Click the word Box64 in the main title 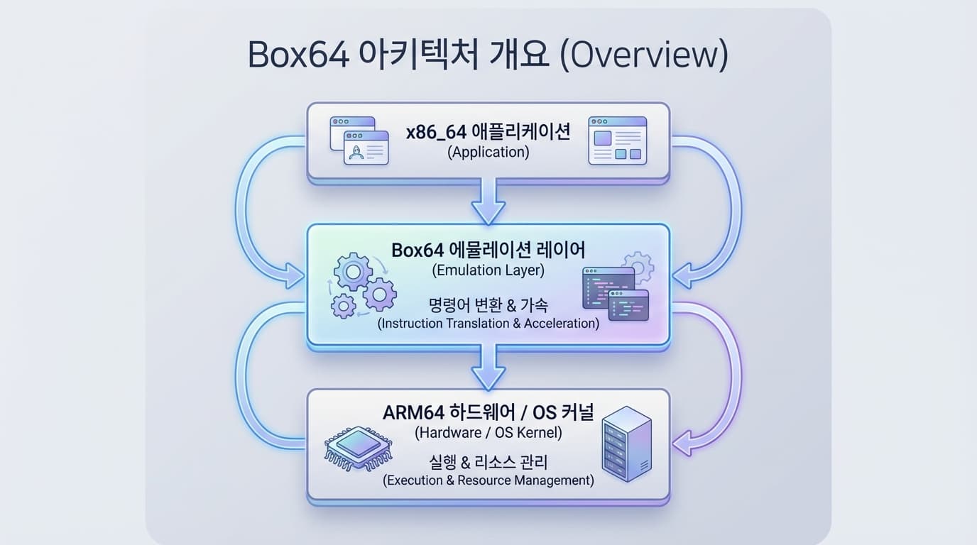[x=298, y=55]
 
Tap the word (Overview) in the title [x=644, y=55]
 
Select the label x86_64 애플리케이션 [x=488, y=133]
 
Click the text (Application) [x=488, y=152]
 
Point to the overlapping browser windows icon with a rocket [x=359, y=141]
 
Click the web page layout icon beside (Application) [x=617, y=141]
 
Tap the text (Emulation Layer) [x=488, y=270]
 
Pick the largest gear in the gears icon [x=353, y=272]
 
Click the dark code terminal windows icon [x=616, y=293]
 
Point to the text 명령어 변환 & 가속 [x=488, y=305]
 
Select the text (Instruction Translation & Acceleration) [x=488, y=324]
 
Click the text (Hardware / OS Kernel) [x=488, y=431]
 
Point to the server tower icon [x=626, y=444]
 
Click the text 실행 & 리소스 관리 [x=488, y=463]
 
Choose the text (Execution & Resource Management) [x=488, y=480]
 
